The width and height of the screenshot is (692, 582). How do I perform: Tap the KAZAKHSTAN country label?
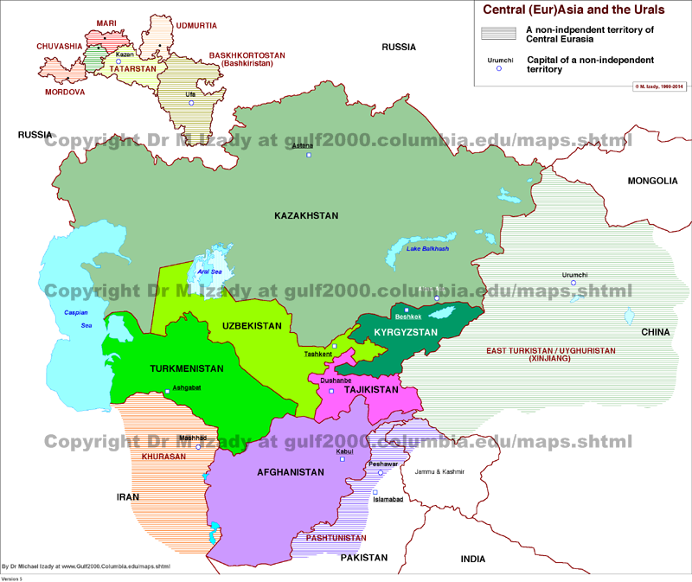306,215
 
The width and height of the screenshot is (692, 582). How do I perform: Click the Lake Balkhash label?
428,249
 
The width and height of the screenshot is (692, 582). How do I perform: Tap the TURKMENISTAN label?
186,368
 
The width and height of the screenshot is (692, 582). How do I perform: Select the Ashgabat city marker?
168,393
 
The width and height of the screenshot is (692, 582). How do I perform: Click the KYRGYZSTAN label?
407,332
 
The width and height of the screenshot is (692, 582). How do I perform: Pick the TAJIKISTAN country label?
370,390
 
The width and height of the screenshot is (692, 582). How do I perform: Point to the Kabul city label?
343,451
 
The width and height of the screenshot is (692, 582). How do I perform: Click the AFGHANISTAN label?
290,472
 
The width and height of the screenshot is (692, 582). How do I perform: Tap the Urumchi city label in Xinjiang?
574,275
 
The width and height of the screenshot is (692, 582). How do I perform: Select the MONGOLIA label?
652,181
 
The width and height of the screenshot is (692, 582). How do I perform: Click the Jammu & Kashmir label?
440,472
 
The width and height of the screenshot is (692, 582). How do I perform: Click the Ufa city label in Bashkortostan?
190,92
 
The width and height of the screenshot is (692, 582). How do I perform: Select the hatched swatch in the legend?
500,34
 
